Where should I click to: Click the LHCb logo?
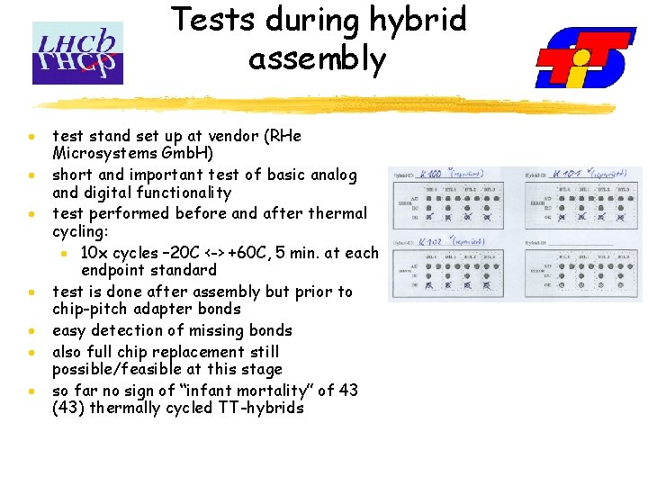pos(77,53)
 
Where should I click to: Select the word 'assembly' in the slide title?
pos(317,59)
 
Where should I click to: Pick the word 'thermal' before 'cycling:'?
pos(335,213)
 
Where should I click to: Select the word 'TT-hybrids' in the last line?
pos(260,408)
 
